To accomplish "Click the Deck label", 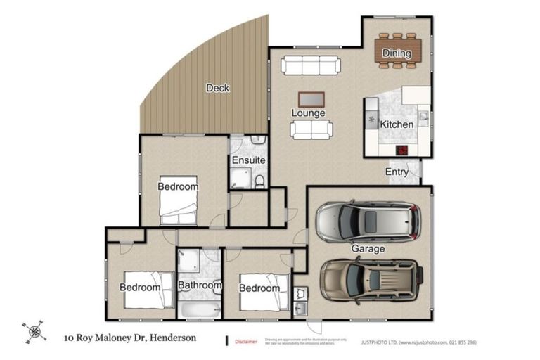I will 218,88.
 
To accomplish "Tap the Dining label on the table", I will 397,53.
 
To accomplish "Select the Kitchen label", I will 397,124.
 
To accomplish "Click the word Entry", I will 397,172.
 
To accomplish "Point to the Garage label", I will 368,249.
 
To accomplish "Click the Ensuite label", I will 249,160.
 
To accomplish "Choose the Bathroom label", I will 200,285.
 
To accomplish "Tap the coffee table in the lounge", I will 311,99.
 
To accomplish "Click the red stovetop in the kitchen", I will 402,149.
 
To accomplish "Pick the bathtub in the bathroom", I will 199,309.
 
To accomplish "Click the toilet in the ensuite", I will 259,182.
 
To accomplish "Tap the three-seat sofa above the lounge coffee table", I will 311,66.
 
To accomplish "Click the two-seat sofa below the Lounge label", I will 311,129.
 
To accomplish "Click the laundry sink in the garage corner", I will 300,308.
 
